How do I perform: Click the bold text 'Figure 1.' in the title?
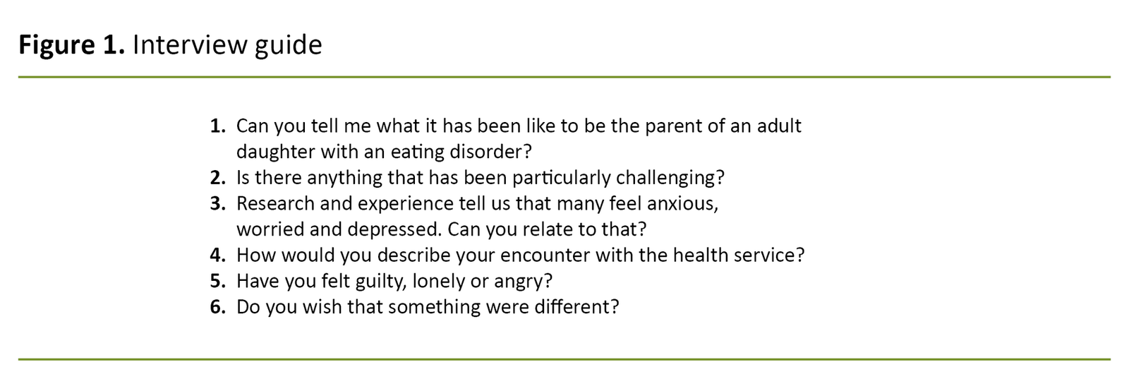pyautogui.click(x=71, y=46)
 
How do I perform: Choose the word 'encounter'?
pyautogui.click(x=544, y=255)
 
